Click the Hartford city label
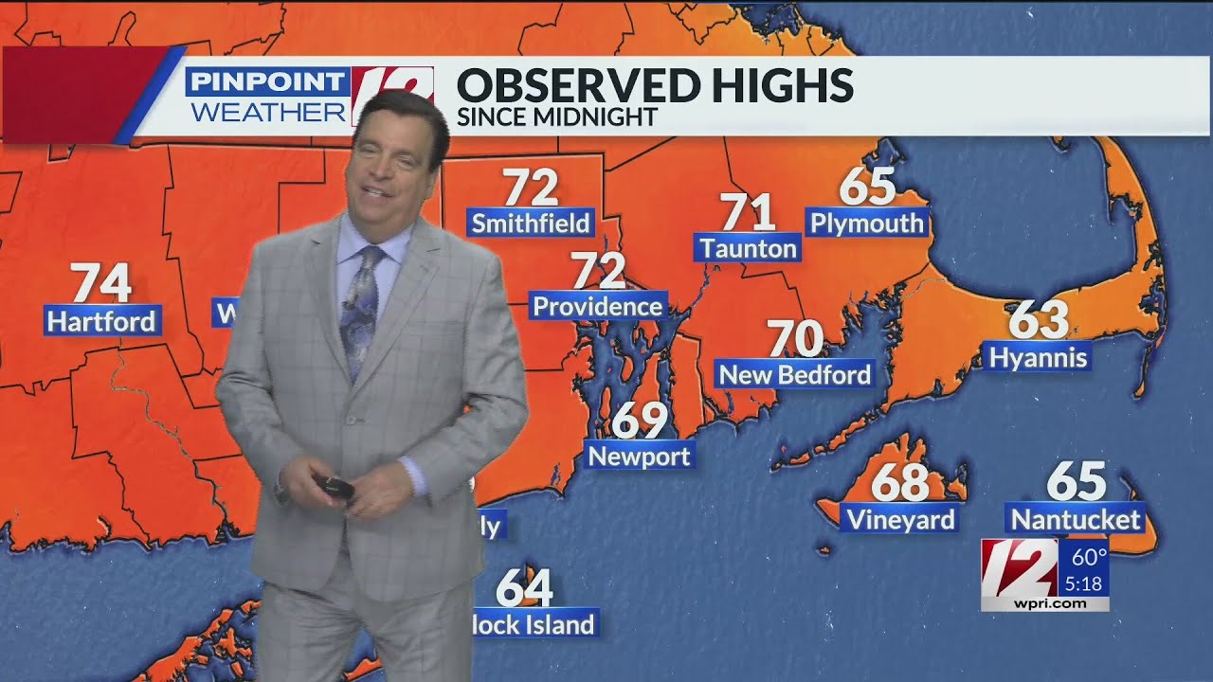tap(101, 321)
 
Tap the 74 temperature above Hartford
tap(101, 282)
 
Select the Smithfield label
tap(531, 224)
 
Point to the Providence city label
tap(597, 306)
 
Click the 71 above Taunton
tap(748, 212)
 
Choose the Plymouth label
tap(866, 224)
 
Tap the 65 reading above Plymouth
tap(867, 186)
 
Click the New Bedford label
tap(794, 375)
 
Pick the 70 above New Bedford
tap(794, 338)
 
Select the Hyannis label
tap(1038, 358)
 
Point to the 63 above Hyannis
tap(1039, 320)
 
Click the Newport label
tap(639, 457)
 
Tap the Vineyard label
tap(900, 519)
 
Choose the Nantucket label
tap(1076, 519)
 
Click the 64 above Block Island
tap(524, 587)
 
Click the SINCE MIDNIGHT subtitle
tap(556, 117)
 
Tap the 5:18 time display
tap(1083, 584)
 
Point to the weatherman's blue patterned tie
tap(361, 303)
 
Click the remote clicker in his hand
tap(336, 488)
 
